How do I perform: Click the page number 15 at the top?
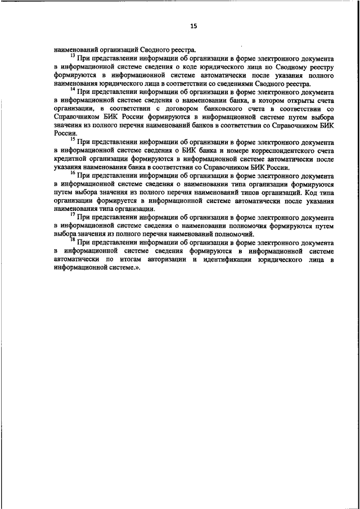coord(193,26)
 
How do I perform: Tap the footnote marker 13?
coord(72,56)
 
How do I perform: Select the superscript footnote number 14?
coord(72,88)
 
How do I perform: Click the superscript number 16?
coord(72,173)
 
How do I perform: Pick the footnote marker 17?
coord(72,214)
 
